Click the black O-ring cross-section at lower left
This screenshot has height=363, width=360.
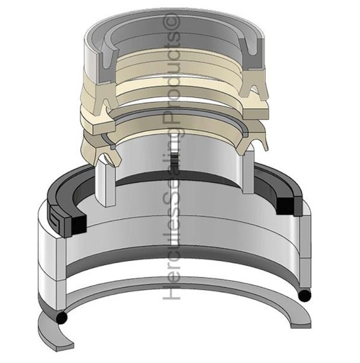[x=62, y=318]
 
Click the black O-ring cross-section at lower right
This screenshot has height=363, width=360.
[x=305, y=296]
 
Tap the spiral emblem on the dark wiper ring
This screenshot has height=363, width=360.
[x=57, y=216]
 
